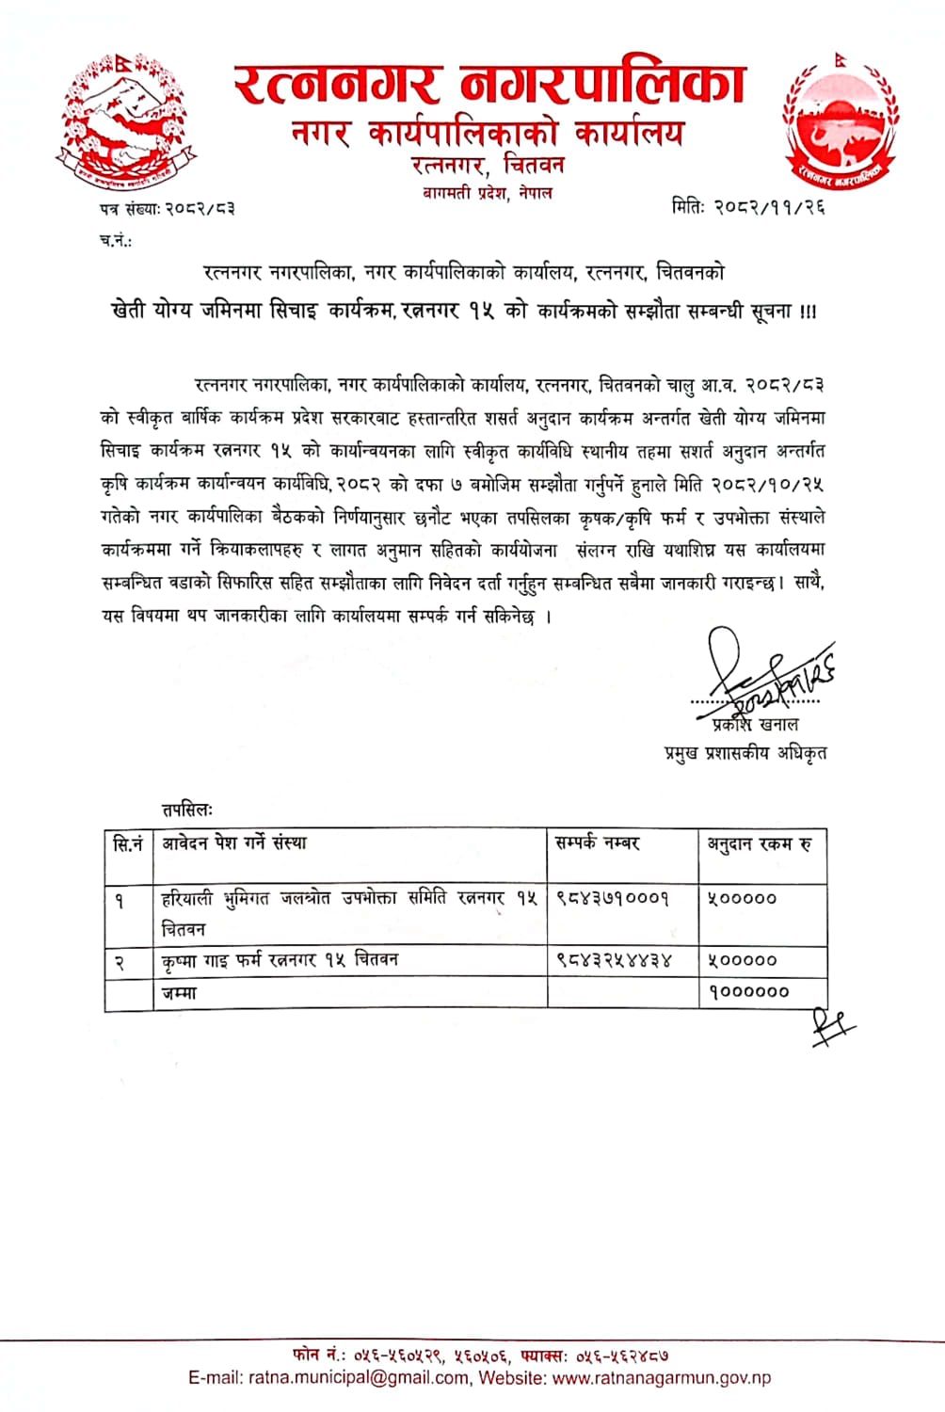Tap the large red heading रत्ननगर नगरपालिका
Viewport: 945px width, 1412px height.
click(x=489, y=84)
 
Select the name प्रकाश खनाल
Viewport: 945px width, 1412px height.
click(x=756, y=724)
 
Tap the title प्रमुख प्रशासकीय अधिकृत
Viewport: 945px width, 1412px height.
click(x=745, y=753)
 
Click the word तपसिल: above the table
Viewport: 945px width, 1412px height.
click(x=187, y=809)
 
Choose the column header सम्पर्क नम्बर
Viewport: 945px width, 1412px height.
click(x=598, y=842)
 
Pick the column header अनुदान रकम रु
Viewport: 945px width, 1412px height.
click(x=760, y=843)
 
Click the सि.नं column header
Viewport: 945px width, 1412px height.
click(x=128, y=843)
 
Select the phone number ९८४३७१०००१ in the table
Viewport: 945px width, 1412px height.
click(x=612, y=898)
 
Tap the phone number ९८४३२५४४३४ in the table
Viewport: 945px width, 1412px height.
click(x=614, y=960)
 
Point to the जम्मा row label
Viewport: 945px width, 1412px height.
click(x=179, y=992)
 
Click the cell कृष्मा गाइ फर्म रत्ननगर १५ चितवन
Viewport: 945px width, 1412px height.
click(x=280, y=960)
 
